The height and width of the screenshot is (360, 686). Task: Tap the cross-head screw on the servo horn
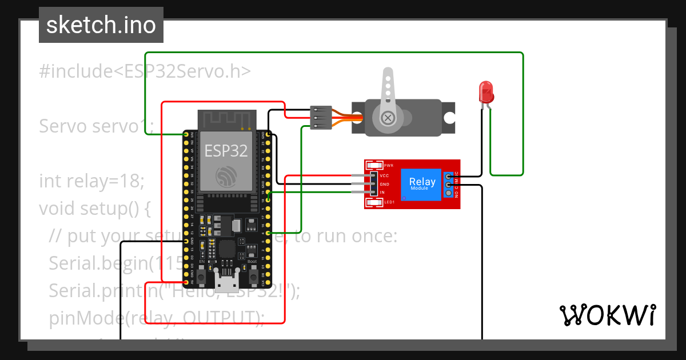(388, 118)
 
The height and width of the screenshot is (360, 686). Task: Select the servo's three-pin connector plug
(320, 117)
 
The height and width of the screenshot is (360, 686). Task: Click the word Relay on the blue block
(422, 182)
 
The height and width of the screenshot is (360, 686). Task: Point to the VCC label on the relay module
(384, 175)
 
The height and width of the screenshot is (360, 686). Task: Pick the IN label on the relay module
(382, 193)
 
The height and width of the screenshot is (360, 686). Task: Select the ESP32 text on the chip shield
(226, 151)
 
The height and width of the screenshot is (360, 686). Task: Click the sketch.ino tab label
(101, 25)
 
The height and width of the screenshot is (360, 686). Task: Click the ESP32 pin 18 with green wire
(268, 193)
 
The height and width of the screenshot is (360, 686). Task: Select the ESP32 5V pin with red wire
(186, 282)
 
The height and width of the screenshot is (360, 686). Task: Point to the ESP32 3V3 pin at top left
(186, 135)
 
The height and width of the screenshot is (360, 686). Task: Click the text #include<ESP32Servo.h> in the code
(145, 71)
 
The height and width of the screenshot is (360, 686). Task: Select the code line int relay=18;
(92, 181)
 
